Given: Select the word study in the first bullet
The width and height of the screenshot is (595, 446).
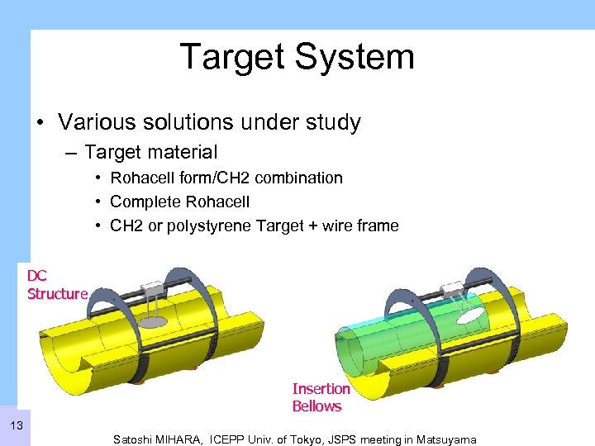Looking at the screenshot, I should pos(331,123).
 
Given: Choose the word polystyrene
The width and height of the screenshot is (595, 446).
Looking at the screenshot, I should pos(193,225).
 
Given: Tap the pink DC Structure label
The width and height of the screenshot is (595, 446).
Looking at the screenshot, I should pos(57,285).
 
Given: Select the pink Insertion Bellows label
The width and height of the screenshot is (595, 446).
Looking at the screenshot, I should pos(321,397).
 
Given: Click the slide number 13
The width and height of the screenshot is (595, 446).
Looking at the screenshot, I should pos(16,426).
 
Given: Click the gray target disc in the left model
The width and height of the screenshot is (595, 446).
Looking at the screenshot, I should pos(158,322).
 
